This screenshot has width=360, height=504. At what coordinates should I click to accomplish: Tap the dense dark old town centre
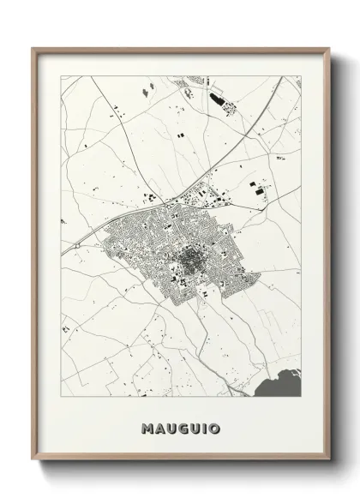[186, 258]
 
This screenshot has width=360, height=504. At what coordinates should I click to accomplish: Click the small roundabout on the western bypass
[76, 245]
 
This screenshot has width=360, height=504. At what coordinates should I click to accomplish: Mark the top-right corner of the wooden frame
[328, 48]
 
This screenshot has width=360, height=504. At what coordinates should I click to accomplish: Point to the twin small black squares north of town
[180, 135]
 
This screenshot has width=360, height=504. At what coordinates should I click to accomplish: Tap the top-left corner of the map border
[60, 75]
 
